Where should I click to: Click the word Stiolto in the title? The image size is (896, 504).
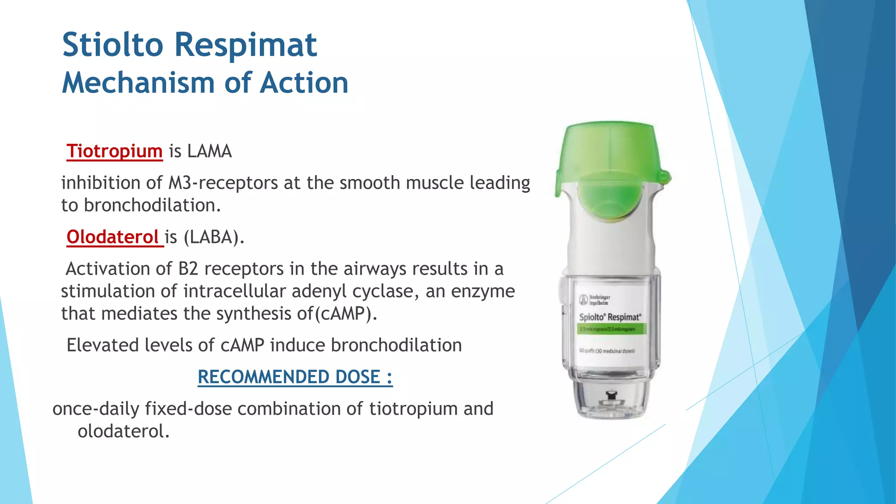coord(112,45)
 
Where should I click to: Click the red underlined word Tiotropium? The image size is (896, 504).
coord(114,151)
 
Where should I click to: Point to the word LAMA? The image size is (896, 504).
coord(209,151)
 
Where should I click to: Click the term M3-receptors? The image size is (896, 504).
coord(223,183)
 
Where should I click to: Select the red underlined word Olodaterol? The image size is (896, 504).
coord(112,237)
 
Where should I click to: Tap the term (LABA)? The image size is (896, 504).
coord(213,237)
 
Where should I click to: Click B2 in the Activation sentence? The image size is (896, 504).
coord(188,269)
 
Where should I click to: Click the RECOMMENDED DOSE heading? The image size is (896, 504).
coord(295,377)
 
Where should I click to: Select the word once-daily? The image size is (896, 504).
coord(96,409)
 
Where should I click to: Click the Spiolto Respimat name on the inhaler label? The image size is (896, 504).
coord(610,317)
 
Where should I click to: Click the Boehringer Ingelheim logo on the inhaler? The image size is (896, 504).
coord(595,300)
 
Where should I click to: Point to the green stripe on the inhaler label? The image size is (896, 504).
coord(611,329)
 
